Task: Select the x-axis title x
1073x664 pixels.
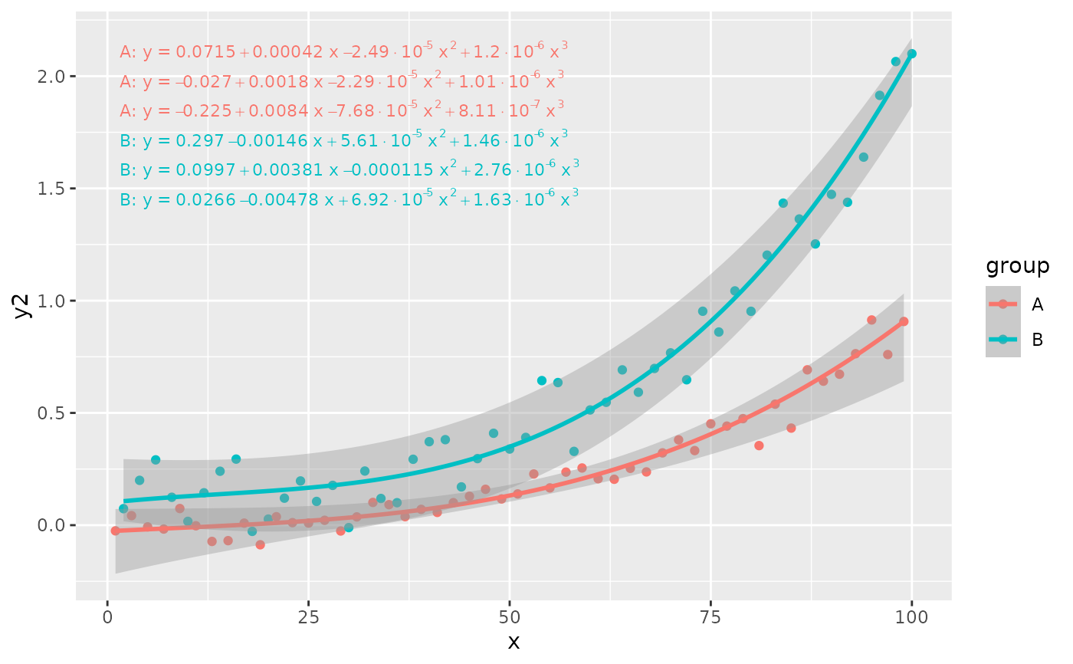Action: click(514, 643)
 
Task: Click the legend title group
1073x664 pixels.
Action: click(1017, 266)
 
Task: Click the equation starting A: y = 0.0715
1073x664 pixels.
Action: click(343, 51)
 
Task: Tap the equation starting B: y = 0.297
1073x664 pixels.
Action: click(343, 140)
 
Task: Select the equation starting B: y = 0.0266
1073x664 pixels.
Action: click(349, 199)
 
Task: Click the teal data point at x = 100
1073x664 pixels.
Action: click(911, 54)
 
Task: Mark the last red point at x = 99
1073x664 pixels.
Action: click(904, 321)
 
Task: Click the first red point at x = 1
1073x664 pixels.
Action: click(116, 531)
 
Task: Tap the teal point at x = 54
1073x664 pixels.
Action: click(542, 380)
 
